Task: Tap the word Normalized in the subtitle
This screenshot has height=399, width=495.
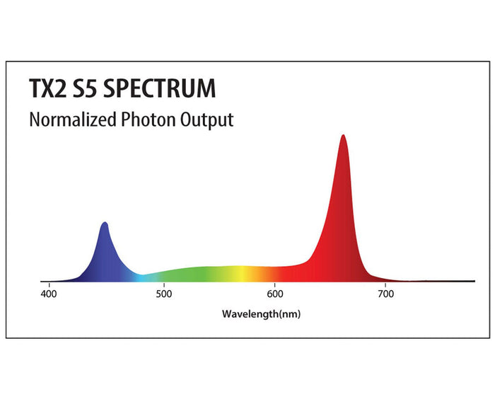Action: [71, 119]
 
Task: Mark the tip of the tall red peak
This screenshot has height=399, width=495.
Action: [343, 135]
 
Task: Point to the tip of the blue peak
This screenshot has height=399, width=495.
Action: [105, 223]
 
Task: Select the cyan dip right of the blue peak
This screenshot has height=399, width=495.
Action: [141, 277]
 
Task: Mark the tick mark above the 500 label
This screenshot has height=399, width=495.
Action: [164, 283]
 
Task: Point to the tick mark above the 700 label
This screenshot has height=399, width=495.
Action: [385, 283]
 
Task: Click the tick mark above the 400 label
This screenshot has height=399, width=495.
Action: [49, 283]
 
